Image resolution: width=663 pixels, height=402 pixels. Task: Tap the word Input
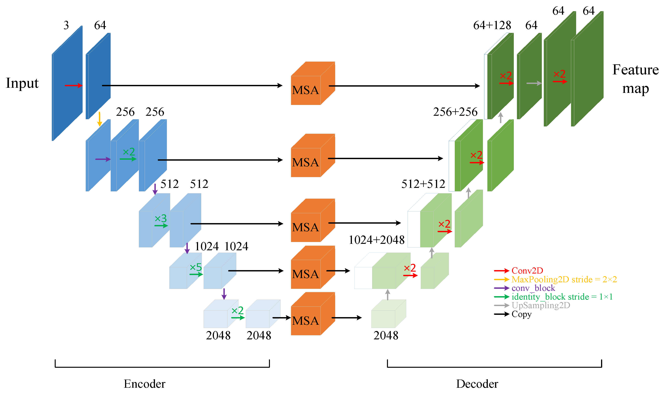[22, 83]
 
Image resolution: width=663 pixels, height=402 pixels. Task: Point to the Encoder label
[144, 384]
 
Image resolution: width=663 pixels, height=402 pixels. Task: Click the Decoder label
[477, 384]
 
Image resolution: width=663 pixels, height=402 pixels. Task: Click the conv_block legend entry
[533, 288]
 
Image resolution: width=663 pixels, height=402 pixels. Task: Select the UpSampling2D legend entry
[541, 305]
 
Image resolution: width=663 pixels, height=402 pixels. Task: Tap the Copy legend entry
[522, 314]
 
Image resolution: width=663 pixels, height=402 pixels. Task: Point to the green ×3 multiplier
[161, 218]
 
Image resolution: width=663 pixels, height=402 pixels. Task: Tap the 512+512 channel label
[423, 184]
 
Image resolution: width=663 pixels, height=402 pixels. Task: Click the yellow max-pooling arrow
[100, 119]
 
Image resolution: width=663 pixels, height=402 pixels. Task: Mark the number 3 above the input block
[66, 25]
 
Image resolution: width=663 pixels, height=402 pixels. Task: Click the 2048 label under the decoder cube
[386, 335]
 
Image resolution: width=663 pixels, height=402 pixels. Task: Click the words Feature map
[635, 79]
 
